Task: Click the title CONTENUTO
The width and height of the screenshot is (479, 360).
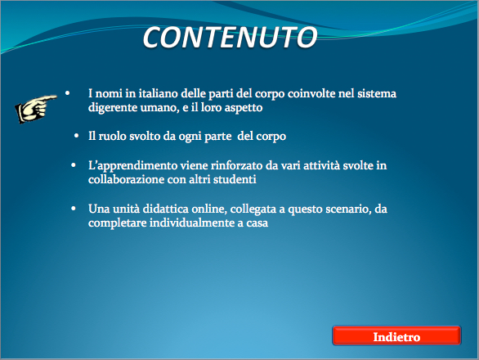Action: [230, 38]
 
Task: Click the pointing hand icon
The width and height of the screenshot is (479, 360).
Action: [35, 109]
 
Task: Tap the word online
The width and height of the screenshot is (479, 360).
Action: [209, 209]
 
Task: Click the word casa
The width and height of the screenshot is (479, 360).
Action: [257, 223]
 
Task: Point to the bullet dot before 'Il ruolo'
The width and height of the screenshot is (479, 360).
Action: [76, 135]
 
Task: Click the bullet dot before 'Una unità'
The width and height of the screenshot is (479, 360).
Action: [74, 209]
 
